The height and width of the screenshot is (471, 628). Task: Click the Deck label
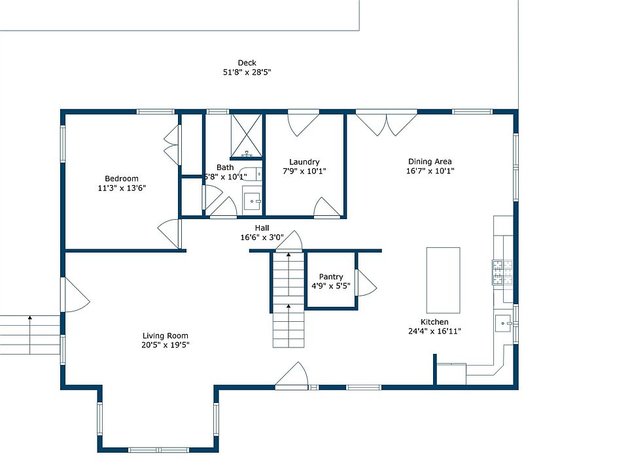point(247,63)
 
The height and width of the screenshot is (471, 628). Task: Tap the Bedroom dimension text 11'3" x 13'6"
point(122,188)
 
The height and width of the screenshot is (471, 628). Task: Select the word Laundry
point(304,162)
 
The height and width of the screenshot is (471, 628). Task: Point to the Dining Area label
point(430,162)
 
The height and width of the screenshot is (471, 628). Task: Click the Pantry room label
point(331,277)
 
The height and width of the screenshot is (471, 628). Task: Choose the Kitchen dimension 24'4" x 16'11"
point(434,331)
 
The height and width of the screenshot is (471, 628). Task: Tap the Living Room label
point(165,336)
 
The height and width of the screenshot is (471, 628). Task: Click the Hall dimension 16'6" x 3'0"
point(262,237)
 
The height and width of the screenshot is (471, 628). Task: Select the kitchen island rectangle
point(443,280)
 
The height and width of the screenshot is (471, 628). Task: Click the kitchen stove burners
point(502,272)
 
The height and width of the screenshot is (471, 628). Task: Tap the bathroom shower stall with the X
point(247,135)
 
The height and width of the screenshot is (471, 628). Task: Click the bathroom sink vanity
point(253,201)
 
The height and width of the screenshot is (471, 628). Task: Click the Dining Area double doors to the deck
point(387,124)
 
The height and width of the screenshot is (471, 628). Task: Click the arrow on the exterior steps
point(30,335)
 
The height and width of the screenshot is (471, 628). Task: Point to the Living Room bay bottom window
point(158,450)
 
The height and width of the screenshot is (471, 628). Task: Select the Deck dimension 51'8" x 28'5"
point(247,73)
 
